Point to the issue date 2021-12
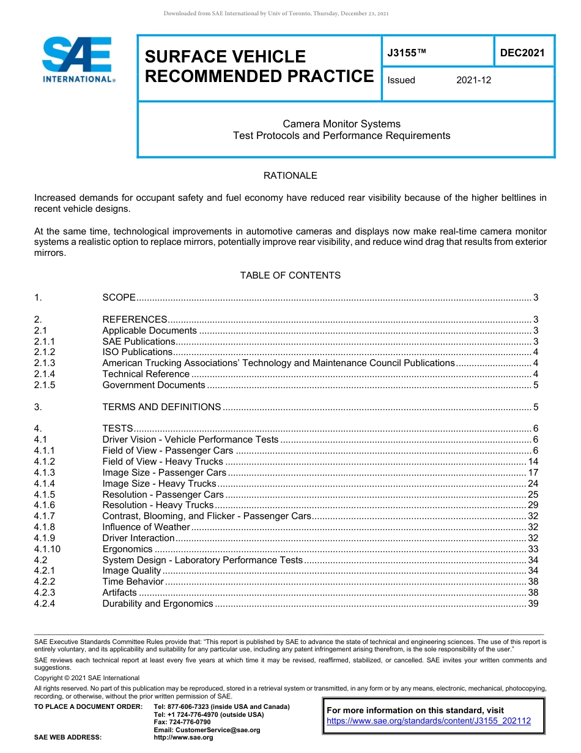(x=473, y=80)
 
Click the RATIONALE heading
(x=290, y=176)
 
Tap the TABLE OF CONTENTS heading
(x=290, y=275)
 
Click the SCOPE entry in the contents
(x=119, y=298)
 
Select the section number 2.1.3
(x=45, y=363)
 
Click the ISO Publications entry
(x=138, y=352)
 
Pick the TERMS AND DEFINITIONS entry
(x=161, y=407)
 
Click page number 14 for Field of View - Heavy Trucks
(x=533, y=462)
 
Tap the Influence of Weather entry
(x=146, y=527)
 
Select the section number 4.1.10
(x=47, y=549)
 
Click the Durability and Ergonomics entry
(x=158, y=604)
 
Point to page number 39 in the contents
(x=533, y=604)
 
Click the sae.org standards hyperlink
(x=429, y=721)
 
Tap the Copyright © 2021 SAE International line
(x=87, y=678)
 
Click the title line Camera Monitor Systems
(x=341, y=124)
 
